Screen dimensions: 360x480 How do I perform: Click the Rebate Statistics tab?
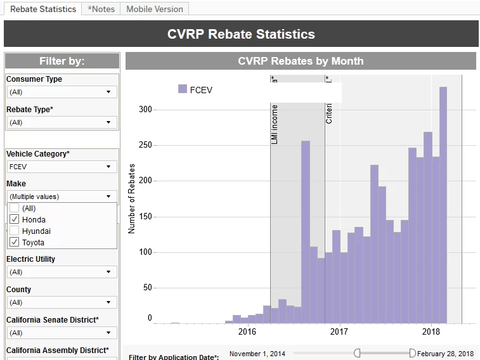43,9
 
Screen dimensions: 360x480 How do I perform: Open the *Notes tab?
101,9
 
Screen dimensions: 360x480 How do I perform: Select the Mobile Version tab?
155,9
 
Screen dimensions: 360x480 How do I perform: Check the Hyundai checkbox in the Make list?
15,231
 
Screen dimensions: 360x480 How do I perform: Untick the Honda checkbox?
15,219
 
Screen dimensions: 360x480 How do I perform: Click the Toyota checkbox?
15,242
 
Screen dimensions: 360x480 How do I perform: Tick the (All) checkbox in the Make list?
15,208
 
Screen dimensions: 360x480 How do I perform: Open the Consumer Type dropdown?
62,92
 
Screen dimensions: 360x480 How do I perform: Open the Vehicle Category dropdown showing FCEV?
62,167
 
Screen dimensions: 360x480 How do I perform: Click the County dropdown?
62,302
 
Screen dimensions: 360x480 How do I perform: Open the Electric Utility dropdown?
62,272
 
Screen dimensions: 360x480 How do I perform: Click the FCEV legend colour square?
183,89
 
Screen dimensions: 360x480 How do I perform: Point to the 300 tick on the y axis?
146,110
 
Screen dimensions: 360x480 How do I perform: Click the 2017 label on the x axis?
339,331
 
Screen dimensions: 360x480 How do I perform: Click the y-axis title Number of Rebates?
132,198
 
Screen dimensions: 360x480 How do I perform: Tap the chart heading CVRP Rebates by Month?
301,61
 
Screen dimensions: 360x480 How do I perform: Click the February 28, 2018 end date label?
445,354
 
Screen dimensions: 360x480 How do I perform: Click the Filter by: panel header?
62,61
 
